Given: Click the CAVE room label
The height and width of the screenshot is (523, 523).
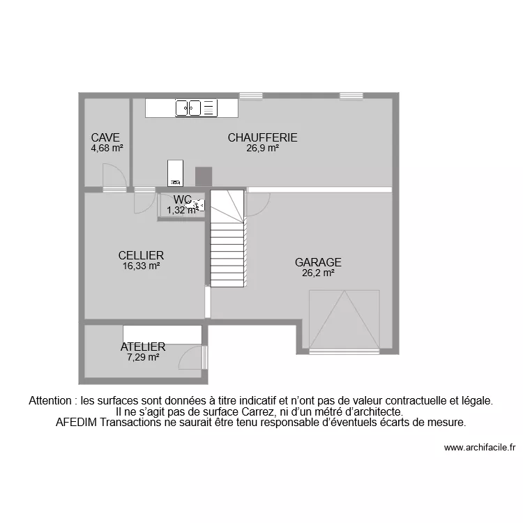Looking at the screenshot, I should coord(105,138).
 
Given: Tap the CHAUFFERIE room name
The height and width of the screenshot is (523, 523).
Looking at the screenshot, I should coord(262,138).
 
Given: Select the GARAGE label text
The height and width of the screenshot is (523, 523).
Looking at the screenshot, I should coord(318,263).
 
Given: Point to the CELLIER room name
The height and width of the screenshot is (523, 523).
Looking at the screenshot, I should coord(141,256).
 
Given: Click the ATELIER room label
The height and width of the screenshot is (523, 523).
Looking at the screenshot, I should coord(143,347).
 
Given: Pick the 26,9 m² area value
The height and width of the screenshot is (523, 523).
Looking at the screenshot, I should coord(262,148).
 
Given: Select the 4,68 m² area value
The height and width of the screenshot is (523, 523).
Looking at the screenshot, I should coord(107,148).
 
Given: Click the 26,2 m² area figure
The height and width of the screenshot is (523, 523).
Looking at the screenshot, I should coord(318,273).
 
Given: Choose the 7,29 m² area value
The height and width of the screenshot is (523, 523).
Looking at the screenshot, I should coord(143,356).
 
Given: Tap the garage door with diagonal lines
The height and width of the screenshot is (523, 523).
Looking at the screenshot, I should coord(344,321).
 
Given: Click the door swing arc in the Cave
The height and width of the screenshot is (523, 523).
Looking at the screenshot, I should coord(113,174).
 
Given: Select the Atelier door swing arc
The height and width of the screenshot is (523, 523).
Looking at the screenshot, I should coord(190,358).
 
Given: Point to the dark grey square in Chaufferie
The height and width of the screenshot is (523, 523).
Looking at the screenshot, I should coord(203,176).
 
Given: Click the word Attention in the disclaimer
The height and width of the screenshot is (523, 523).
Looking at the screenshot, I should coord(50,401).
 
